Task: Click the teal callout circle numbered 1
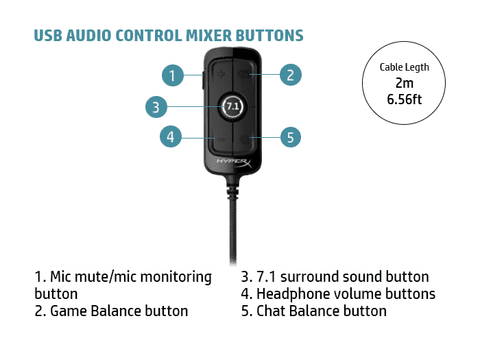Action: coord(173,75)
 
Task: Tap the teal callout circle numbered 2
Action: coord(291,75)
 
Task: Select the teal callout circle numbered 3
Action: coord(156,107)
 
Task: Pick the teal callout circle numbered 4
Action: coord(171,136)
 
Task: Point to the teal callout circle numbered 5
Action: coord(291,137)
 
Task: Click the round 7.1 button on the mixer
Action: coord(232,106)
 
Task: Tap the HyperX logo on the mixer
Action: coord(234,163)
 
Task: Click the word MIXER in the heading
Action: coord(209,36)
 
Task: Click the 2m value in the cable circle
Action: coord(404,83)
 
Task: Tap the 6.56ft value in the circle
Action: coord(404,99)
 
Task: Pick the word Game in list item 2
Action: coord(69,311)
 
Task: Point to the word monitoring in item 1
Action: coord(176,278)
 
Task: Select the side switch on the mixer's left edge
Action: coord(203,81)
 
